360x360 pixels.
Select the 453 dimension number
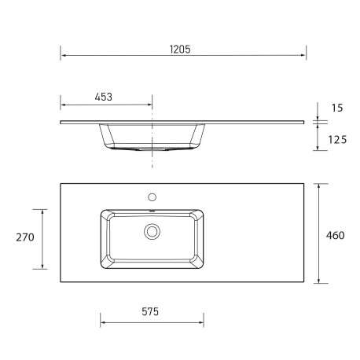103,97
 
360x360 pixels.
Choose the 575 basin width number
151,311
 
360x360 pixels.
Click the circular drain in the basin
152,231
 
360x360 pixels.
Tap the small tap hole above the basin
152,197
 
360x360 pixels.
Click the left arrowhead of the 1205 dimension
63,57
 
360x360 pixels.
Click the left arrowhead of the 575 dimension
103,321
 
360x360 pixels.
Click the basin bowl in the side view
152,137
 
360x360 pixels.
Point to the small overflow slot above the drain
152,211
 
